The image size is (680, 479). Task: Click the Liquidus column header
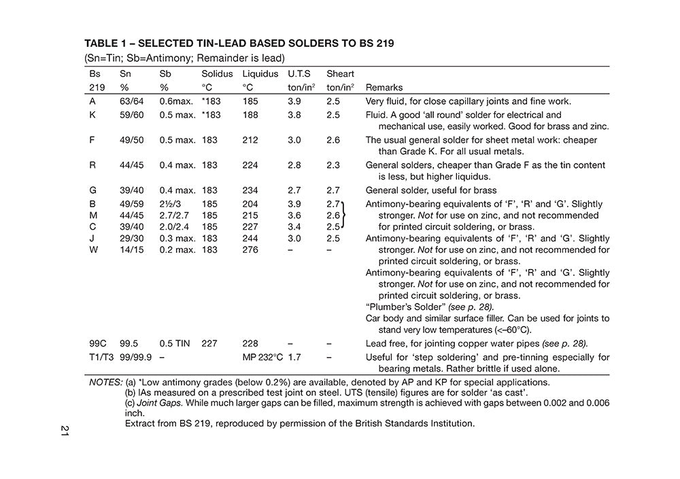click(x=260, y=73)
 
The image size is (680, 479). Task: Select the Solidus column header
click(x=217, y=73)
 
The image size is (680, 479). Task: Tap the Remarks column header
click(x=384, y=88)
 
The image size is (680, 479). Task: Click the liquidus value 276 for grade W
click(x=250, y=250)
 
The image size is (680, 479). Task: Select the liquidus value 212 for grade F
click(x=250, y=140)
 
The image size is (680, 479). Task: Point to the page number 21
click(x=65, y=431)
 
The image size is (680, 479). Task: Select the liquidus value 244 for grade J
click(x=250, y=238)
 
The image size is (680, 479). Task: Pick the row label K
click(x=92, y=115)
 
